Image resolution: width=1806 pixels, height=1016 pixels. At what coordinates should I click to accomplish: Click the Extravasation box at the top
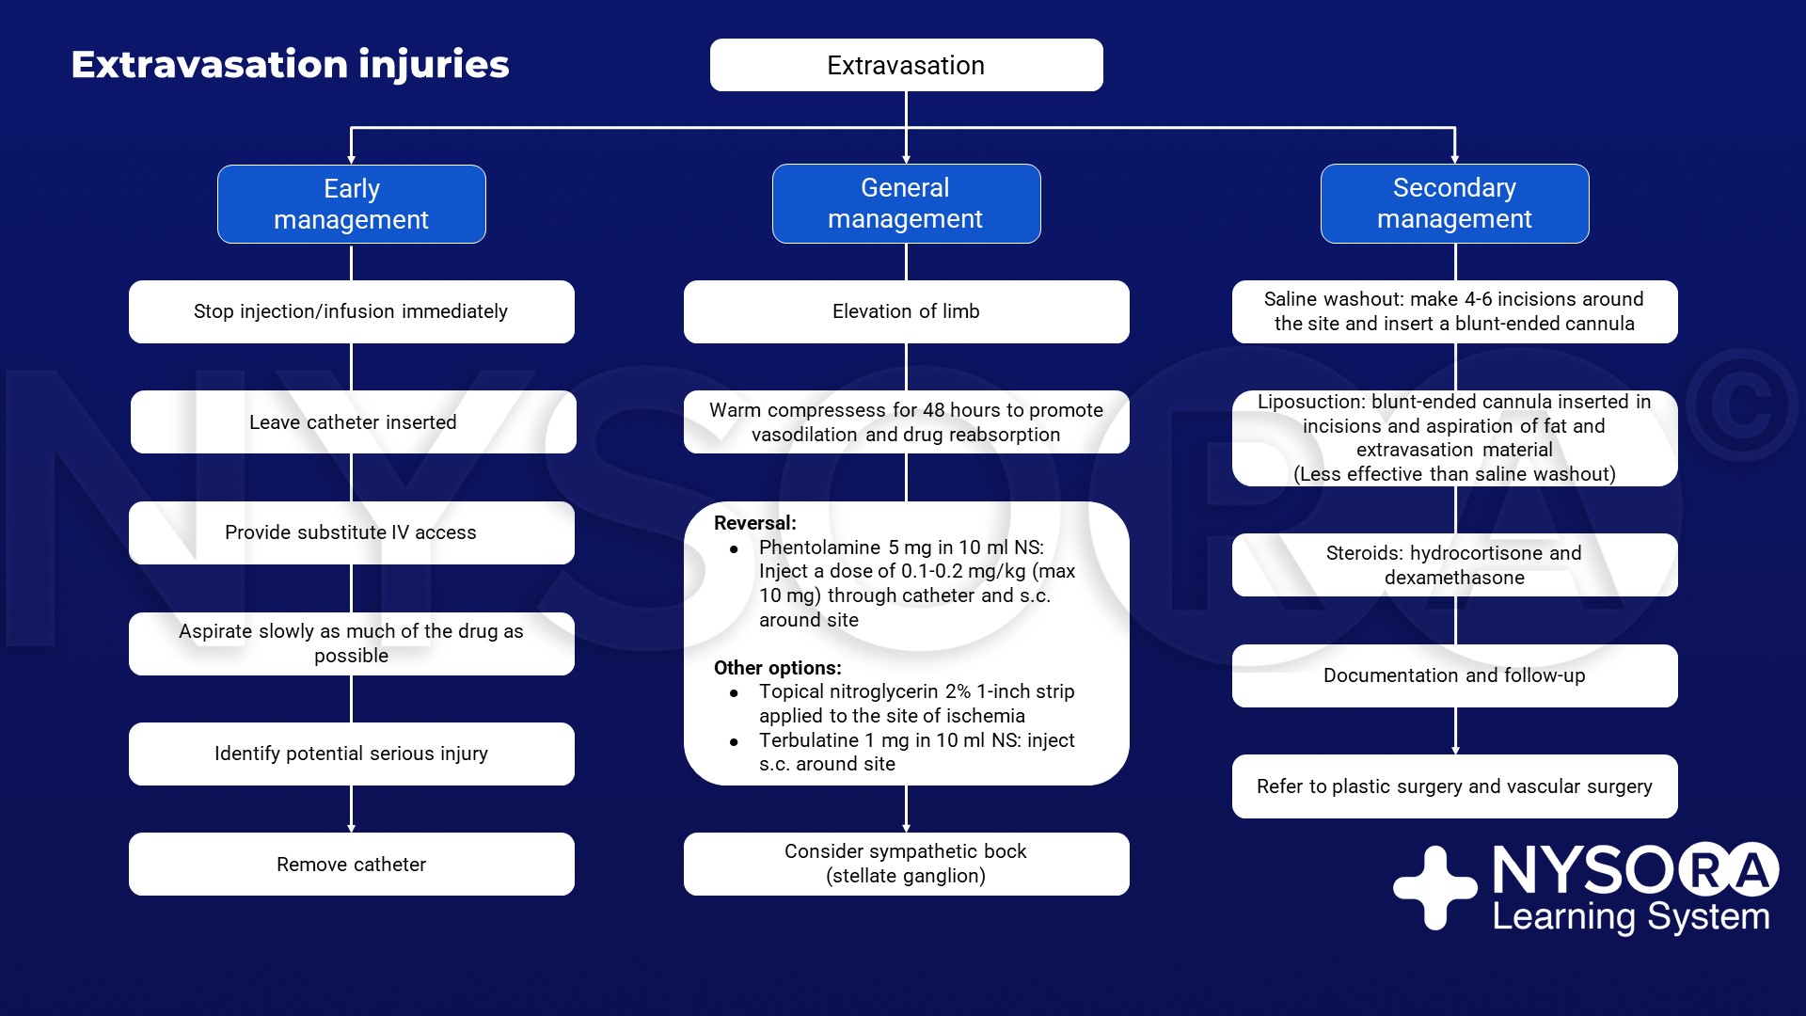pyautogui.click(x=906, y=65)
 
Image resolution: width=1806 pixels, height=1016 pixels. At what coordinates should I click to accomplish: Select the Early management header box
pyautogui.click(x=351, y=204)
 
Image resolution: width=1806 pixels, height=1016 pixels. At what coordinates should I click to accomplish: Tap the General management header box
pyautogui.click(x=906, y=203)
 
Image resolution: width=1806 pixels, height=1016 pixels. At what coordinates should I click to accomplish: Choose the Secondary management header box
pyautogui.click(x=1454, y=203)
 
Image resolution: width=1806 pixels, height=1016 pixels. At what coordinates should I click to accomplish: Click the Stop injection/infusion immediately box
pyautogui.click(x=351, y=311)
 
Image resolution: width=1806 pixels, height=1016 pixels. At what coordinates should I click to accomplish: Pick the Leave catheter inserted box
pyautogui.click(x=353, y=422)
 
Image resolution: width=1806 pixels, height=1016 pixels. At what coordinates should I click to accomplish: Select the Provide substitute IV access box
pyautogui.click(x=351, y=532)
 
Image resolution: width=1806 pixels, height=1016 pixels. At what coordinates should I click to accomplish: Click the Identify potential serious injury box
pyautogui.click(x=351, y=754)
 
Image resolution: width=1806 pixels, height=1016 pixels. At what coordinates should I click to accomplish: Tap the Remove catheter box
pyautogui.click(x=351, y=864)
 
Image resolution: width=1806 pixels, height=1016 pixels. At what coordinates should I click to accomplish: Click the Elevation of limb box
pyautogui.click(x=906, y=311)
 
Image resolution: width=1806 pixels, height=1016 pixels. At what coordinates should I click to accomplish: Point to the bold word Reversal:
pyautogui.click(x=754, y=523)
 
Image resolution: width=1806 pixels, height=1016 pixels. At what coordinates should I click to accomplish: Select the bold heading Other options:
pyautogui.click(x=777, y=668)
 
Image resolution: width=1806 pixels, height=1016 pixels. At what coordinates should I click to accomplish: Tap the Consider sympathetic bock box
pyautogui.click(x=906, y=864)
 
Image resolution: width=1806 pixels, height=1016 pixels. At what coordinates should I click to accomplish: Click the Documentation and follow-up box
pyautogui.click(x=1454, y=675)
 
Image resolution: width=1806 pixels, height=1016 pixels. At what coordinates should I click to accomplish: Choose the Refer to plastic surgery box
pyautogui.click(x=1454, y=786)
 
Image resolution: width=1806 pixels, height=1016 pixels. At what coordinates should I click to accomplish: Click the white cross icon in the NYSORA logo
pyautogui.click(x=1434, y=887)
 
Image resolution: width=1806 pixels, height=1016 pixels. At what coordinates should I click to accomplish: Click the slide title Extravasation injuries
pyautogui.click(x=290, y=64)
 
